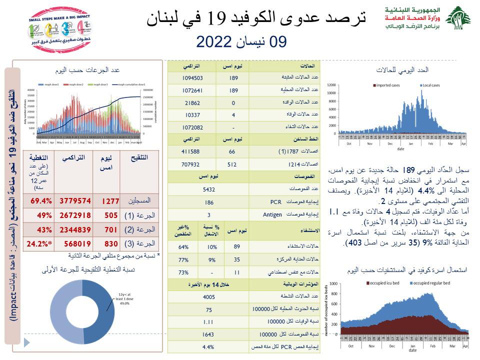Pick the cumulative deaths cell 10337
tap(192, 114)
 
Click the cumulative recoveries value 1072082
tap(192, 127)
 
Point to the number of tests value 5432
tap(209, 189)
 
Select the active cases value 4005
tap(209, 296)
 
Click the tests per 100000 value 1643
tap(209, 334)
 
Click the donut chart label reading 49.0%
tap(124, 302)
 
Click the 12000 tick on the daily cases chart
tap(331, 85)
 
